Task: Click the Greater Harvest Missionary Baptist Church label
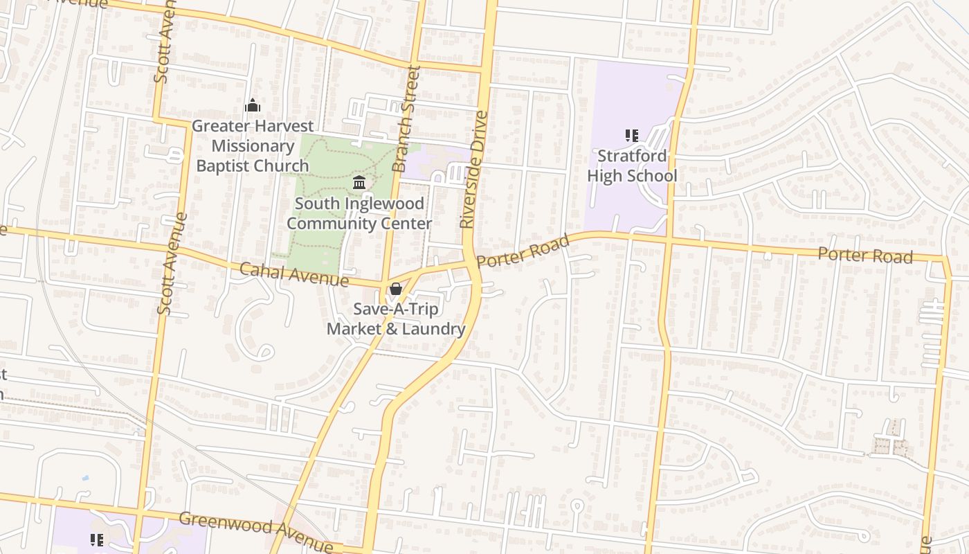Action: tap(252, 146)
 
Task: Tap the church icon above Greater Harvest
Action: tap(253, 105)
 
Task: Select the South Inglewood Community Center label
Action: tap(359, 213)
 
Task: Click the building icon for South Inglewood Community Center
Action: tap(359, 183)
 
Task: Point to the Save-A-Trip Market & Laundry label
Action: tap(395, 319)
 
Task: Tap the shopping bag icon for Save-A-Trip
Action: tap(395, 289)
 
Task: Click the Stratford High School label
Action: tap(631, 166)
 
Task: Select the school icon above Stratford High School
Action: tap(631, 136)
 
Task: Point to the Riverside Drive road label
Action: tap(473, 170)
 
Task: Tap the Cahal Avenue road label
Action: tap(293, 274)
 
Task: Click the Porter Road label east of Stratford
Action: tap(864, 254)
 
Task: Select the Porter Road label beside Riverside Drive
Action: tap(523, 251)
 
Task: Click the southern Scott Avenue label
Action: tap(172, 263)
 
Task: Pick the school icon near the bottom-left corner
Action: tap(96, 539)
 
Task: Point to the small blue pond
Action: tap(84, 478)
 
